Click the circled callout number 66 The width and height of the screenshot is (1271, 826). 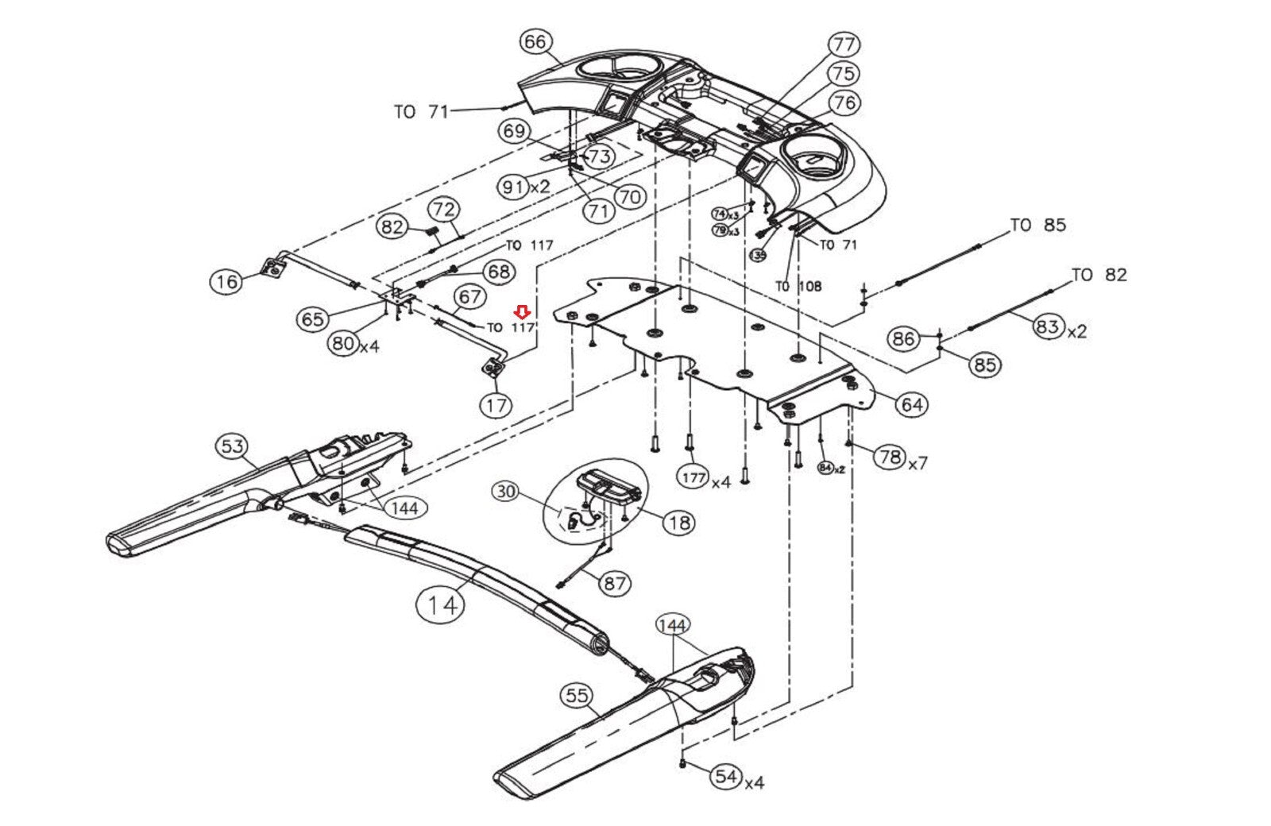(535, 41)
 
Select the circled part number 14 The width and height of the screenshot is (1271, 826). (442, 604)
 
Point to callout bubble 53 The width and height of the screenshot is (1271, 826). (232, 446)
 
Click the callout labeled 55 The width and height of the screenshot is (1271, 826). (576, 697)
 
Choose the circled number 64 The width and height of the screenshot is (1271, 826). (911, 404)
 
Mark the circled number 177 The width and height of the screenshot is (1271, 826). (693, 477)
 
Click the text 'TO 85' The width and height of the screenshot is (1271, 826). (1037, 226)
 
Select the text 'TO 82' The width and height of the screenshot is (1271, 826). (1099, 275)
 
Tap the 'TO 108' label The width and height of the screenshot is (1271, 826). (798, 287)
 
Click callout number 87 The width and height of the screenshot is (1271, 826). (615, 583)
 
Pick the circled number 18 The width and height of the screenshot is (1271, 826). (678, 523)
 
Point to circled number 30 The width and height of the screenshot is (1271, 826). (506, 492)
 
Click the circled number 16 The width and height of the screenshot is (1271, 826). (226, 281)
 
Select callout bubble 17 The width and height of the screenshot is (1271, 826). (496, 406)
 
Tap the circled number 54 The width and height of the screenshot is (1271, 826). (726, 776)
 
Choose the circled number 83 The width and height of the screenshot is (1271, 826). (1048, 326)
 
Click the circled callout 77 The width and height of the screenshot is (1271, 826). (844, 44)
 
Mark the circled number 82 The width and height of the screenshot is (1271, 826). (392, 228)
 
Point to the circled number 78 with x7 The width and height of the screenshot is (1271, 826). (889, 457)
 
